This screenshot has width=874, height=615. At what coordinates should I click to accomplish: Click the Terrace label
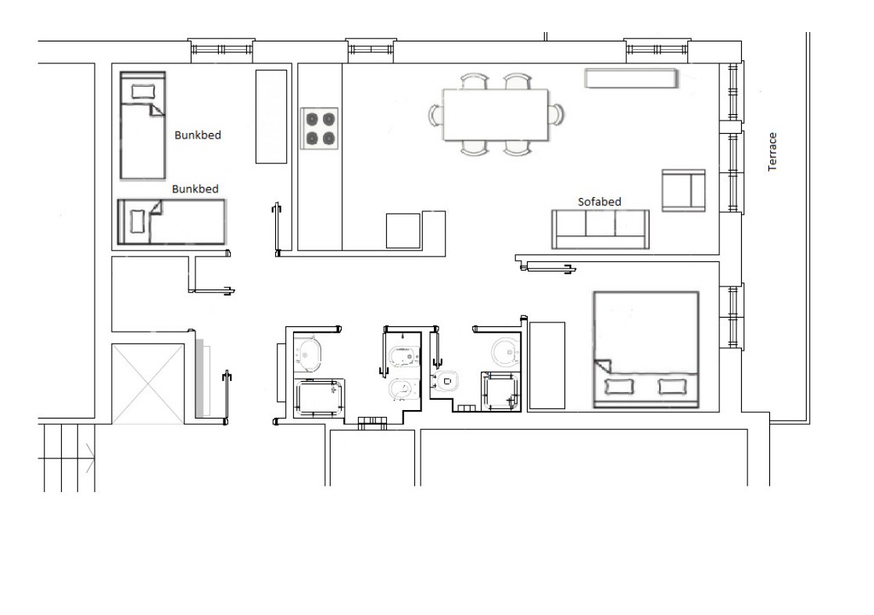tap(772, 151)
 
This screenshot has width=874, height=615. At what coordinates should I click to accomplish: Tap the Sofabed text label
tap(599, 201)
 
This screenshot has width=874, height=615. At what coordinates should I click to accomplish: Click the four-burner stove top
tap(320, 128)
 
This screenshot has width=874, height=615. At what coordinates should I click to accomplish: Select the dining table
tap(496, 114)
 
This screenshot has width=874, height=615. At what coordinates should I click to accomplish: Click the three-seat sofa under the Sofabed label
tap(600, 228)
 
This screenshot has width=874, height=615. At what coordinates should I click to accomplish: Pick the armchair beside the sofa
tap(683, 190)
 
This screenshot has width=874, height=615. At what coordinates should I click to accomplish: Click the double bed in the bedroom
tap(646, 349)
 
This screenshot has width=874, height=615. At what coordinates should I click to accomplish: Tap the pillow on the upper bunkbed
tap(143, 92)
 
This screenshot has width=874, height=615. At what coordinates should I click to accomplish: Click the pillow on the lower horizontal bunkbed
tap(137, 221)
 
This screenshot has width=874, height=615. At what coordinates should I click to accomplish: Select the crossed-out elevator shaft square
tap(148, 383)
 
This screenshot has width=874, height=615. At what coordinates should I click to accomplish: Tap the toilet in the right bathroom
tap(446, 381)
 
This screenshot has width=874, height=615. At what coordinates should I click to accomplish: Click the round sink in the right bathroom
tap(506, 351)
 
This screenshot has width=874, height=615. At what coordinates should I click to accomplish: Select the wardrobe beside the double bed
tap(546, 365)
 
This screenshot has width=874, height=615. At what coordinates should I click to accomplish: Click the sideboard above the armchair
tap(631, 78)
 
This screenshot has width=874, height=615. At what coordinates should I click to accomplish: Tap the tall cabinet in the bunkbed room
tap(271, 116)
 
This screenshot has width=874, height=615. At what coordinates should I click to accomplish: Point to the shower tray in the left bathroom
tap(318, 398)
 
